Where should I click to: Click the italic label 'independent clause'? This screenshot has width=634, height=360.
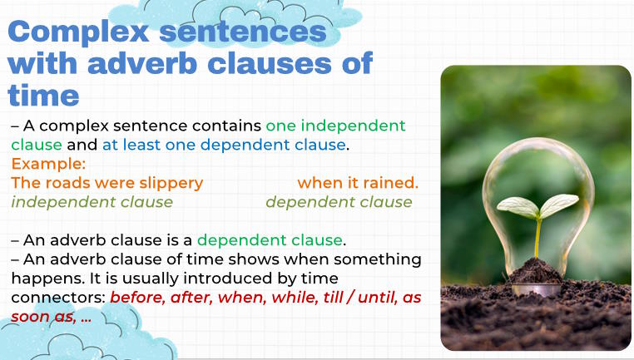pyautogui.click(x=92, y=202)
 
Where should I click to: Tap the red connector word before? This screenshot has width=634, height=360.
pyautogui.click(x=136, y=298)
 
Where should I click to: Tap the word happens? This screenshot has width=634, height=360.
pyautogui.click(x=44, y=278)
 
